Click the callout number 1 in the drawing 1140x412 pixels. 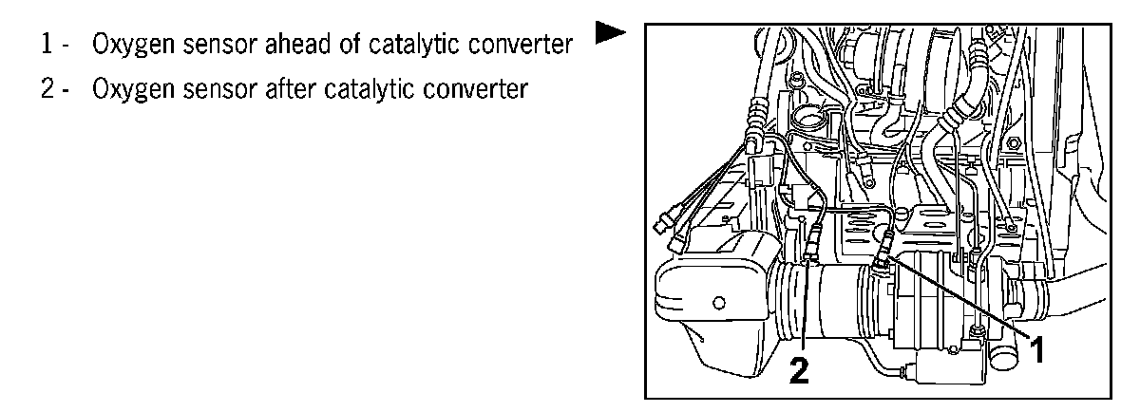(x=1038, y=350)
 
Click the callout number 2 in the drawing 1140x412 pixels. (x=801, y=369)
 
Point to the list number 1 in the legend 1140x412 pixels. (x=47, y=45)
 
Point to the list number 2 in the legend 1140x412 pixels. (x=47, y=89)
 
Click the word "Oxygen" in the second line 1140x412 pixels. (x=127, y=91)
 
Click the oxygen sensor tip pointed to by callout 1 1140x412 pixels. (x=883, y=254)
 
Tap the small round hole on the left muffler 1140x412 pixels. (x=717, y=304)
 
